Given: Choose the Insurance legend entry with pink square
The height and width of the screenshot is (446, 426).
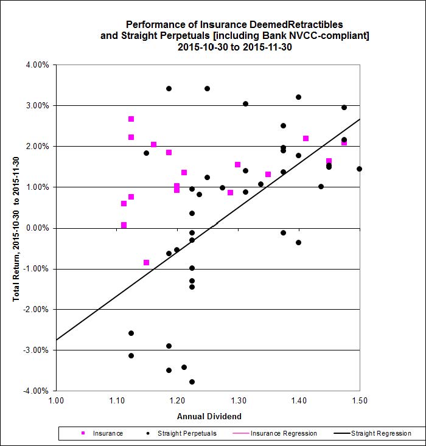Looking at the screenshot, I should (x=103, y=433).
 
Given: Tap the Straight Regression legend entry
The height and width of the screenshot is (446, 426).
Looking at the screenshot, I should (x=377, y=433).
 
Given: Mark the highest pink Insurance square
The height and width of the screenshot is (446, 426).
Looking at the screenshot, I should (x=131, y=119).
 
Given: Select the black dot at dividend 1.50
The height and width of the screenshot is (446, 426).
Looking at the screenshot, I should (x=359, y=169).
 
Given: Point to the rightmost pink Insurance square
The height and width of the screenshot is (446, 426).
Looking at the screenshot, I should (x=344, y=142).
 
